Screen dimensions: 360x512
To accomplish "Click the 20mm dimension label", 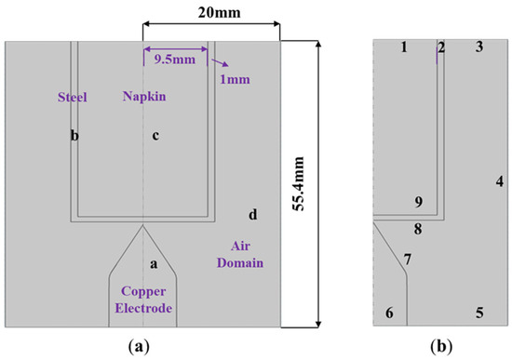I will (212, 14).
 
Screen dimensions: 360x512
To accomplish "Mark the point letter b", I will (74, 136).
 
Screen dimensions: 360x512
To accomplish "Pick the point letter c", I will (155, 136).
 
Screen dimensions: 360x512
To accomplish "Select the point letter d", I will (253, 216).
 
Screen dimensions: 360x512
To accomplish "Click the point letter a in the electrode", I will (155, 265).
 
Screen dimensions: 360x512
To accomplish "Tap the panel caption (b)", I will (441, 347).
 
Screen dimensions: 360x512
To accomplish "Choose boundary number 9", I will (419, 202).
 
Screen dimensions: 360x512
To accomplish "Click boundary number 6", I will (389, 313).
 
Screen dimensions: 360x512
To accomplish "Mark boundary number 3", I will (478, 47).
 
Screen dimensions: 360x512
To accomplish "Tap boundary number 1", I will (404, 47).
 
